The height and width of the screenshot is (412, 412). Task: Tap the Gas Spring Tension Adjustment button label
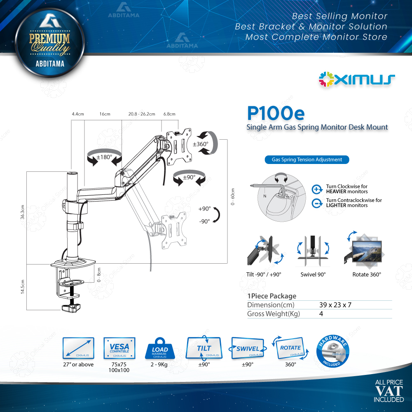tap(307, 159)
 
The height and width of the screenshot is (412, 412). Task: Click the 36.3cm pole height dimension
tap(23, 213)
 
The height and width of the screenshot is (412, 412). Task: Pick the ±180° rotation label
tap(105, 157)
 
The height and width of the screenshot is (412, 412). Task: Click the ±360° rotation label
tap(201, 144)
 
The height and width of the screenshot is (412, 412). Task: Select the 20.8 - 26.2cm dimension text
tap(141, 114)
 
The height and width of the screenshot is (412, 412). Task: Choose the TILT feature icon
tap(204, 349)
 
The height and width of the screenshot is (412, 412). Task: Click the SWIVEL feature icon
tap(247, 349)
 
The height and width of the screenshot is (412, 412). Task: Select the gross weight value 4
tap(321, 314)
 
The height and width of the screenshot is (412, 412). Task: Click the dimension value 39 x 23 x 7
tap(335, 305)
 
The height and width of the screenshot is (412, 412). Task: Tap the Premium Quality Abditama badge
tap(50, 45)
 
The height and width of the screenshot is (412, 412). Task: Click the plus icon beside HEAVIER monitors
tap(317, 189)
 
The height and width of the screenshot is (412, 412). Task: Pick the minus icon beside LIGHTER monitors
tap(317, 203)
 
